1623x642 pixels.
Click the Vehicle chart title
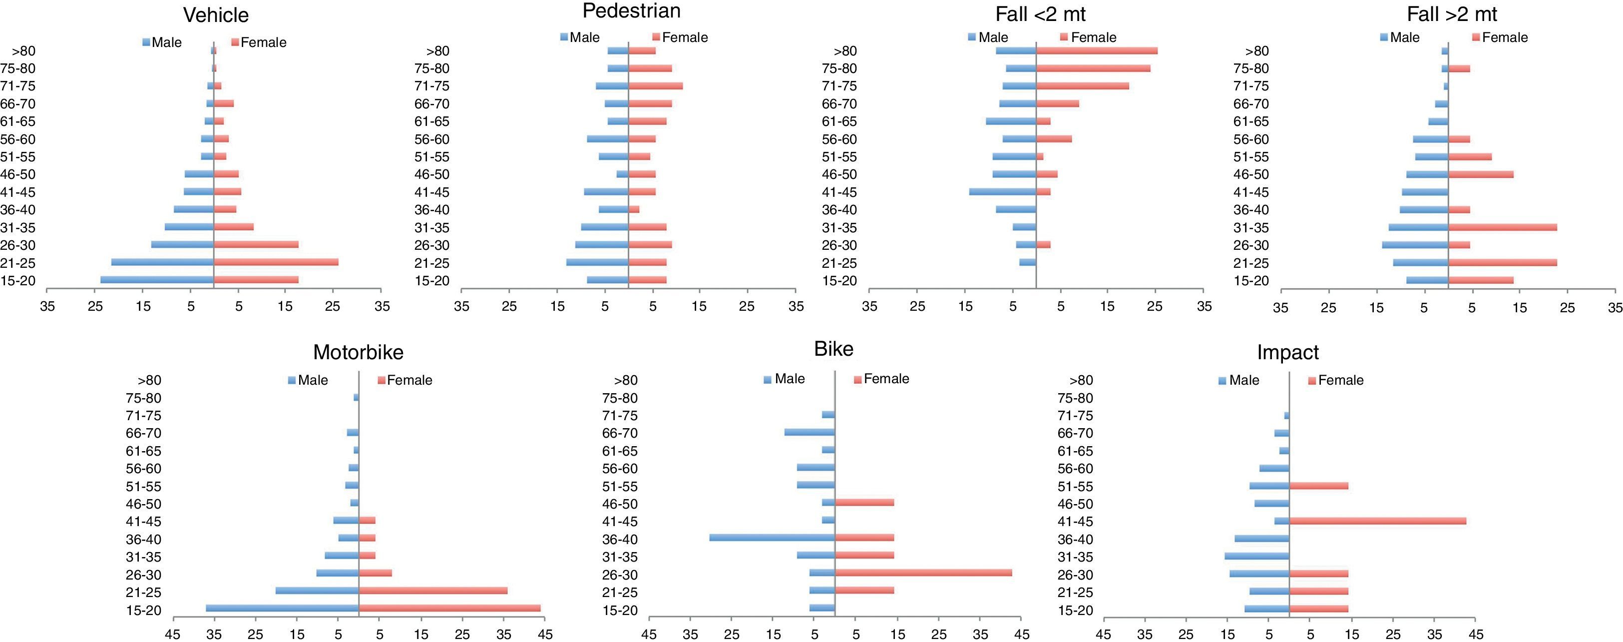pyautogui.click(x=215, y=15)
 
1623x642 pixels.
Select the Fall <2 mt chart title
pyautogui.click(x=1040, y=14)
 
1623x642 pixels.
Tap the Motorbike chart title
pyautogui.click(x=358, y=352)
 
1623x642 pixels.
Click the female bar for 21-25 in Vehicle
pyautogui.click(x=276, y=262)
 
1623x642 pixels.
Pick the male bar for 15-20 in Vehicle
pyautogui.click(x=157, y=280)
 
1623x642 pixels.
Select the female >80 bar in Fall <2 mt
pyautogui.click(x=1096, y=51)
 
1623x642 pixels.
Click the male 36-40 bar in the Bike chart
pyautogui.click(x=772, y=538)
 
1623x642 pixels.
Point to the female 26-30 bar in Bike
pyautogui.click(x=923, y=573)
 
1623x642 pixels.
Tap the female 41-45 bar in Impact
pyautogui.click(x=1377, y=521)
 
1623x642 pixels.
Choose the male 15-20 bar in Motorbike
pyautogui.click(x=282, y=608)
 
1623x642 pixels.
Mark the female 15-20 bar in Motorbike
pyautogui.click(x=449, y=608)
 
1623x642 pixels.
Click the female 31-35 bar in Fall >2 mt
pyautogui.click(x=1502, y=227)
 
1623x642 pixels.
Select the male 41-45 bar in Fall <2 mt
pyautogui.click(x=1002, y=191)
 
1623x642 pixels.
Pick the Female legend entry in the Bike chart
pyautogui.click(x=881, y=379)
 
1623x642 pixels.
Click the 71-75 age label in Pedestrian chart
pyautogui.click(x=431, y=86)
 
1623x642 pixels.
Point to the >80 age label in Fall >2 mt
pyautogui.click(x=1257, y=51)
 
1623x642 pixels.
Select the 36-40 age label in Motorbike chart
pyautogui.click(x=144, y=539)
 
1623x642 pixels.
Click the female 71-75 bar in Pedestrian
pyautogui.click(x=655, y=86)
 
